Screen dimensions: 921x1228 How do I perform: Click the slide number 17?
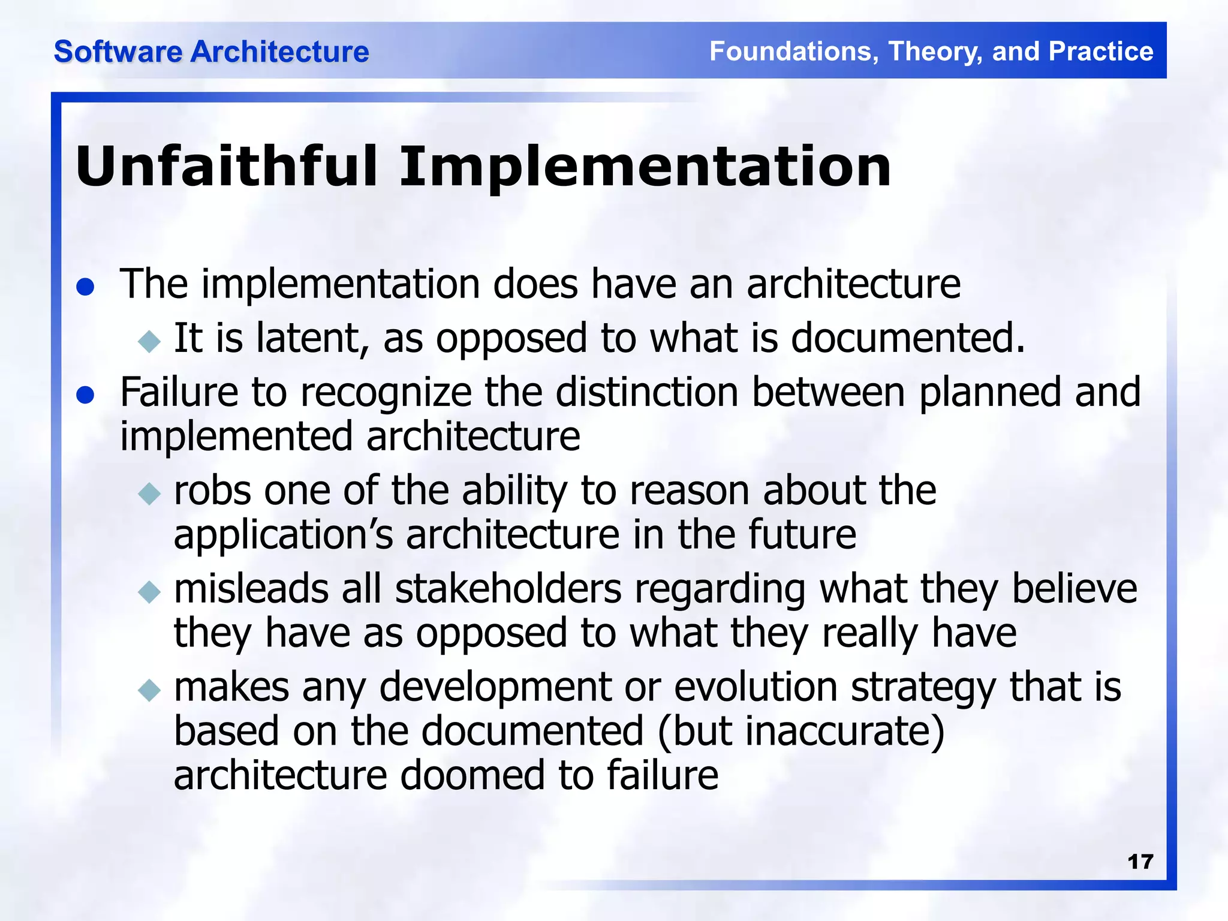[x=1140, y=862]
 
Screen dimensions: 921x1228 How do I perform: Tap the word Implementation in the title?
[x=645, y=167]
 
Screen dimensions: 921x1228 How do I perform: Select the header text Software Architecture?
[x=211, y=52]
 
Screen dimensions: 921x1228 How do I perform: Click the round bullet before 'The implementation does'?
[x=86, y=287]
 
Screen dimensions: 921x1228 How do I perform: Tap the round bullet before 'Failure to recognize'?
[x=86, y=396]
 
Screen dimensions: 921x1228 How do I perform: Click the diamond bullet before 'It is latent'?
[x=149, y=342]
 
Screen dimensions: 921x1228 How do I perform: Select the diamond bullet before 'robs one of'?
[x=149, y=494]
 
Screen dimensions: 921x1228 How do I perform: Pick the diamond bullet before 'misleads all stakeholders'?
[x=149, y=592]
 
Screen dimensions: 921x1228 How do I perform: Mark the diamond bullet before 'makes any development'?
[x=149, y=690]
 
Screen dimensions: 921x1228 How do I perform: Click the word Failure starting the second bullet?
[x=179, y=392]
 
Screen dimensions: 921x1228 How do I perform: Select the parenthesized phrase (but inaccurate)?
[x=800, y=732]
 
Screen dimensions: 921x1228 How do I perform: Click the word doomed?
[x=472, y=775]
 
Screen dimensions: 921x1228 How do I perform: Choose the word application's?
[x=283, y=535]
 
